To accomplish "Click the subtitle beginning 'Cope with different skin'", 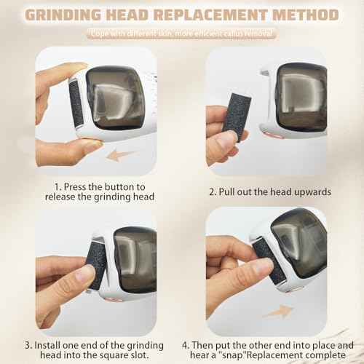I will tap(181, 33).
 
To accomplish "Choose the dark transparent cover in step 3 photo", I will tap(135, 258).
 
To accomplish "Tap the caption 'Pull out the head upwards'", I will tap(271, 191).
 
